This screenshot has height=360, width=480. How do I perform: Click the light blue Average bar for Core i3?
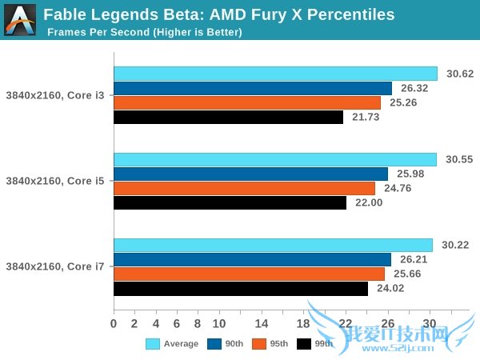[275, 74]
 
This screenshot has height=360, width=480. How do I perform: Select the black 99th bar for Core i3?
[228, 117]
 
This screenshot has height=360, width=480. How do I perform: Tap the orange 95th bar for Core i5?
[244, 188]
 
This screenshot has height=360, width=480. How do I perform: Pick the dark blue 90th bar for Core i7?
[252, 259]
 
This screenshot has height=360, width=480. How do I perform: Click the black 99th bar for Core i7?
[240, 288]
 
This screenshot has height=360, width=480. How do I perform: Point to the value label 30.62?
[460, 74]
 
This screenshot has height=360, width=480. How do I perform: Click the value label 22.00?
[368, 203]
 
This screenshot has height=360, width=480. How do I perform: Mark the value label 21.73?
[365, 117]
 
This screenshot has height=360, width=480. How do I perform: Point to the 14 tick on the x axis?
[261, 323]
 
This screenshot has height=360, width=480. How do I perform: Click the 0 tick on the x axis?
[114, 323]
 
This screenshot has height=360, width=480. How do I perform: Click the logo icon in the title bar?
[20, 19]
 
